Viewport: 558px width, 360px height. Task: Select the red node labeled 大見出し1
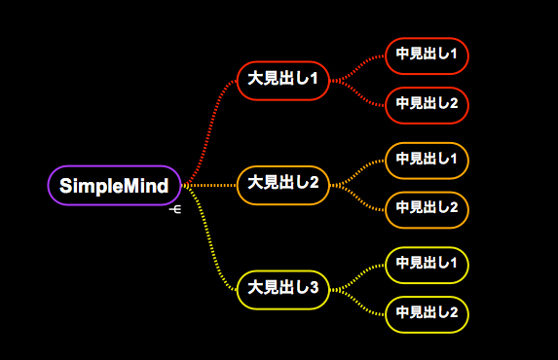283,79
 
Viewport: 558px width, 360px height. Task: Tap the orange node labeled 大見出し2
283,183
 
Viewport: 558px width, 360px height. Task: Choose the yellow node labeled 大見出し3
283,287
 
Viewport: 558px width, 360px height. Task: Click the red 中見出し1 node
427,54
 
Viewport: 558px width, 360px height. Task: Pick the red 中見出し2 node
427,103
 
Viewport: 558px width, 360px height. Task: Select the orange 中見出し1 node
427,159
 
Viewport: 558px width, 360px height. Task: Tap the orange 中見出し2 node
427,207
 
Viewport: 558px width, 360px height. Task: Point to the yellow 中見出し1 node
427,264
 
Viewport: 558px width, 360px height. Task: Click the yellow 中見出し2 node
427,312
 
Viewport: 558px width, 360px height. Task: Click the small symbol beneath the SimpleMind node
175,208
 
